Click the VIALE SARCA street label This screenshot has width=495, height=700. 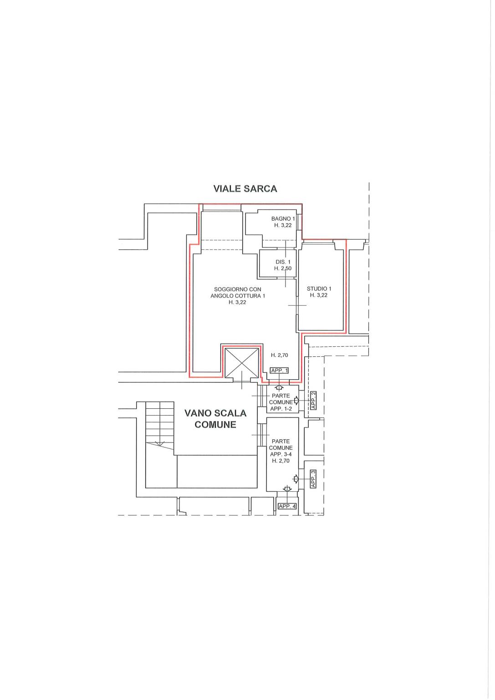coord(245,189)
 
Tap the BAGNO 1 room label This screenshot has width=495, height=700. coord(283,219)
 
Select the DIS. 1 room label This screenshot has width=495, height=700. coord(283,262)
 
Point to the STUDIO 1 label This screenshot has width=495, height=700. coord(319,289)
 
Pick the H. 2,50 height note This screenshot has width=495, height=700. coord(283,268)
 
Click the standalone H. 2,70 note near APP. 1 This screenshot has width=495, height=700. coord(280,355)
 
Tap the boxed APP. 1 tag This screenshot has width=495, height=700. coord(280,371)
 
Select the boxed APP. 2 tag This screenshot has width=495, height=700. coord(314,400)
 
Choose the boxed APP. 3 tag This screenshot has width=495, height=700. coord(313,479)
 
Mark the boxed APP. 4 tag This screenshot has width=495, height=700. coord(287,506)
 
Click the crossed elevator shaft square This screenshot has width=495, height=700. coord(242,363)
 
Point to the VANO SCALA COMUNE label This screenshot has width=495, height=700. coord(215,419)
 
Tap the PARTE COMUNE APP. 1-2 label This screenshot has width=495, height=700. coord(281,402)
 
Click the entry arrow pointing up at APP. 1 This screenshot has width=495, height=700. coord(279,387)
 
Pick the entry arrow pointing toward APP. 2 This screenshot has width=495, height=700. coord(296,401)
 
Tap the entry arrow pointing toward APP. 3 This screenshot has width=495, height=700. coord(296,479)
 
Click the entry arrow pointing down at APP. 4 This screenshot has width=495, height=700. coord(287,489)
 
